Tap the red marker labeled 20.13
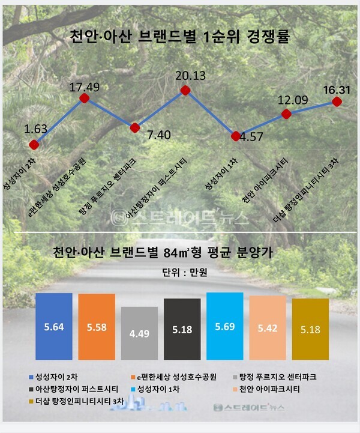tap(185, 91)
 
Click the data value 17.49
tap(84, 87)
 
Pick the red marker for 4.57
tap(236, 136)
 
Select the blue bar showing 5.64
tap(54, 327)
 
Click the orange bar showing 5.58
tap(97, 327)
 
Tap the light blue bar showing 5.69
tap(224, 326)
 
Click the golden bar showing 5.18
tap(310, 329)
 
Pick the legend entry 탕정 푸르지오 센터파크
tap(279, 377)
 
